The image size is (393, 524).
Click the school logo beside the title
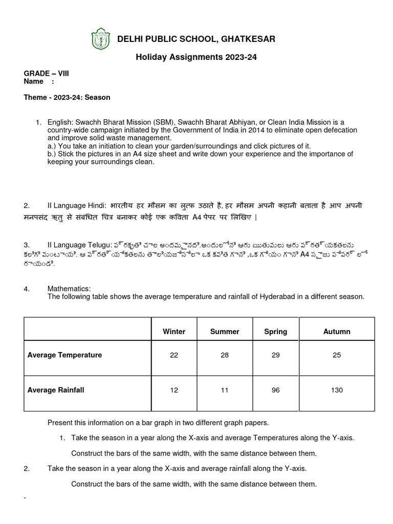[x=100, y=39]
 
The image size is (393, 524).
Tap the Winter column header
[x=174, y=332]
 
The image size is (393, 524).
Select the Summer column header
[x=225, y=332]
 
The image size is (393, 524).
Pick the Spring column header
[x=275, y=332]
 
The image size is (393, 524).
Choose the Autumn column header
[x=337, y=332]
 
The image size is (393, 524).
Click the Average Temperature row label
[x=64, y=355]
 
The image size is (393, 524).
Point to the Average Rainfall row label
[x=56, y=390]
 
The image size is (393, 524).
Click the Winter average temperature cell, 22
[x=174, y=355]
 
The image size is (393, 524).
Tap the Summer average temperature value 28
[x=225, y=355]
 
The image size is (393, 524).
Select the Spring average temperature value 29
[x=275, y=355]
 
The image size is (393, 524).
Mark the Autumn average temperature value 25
[x=337, y=355]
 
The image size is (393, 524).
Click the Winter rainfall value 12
[x=174, y=390]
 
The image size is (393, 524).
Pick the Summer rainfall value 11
[x=225, y=390]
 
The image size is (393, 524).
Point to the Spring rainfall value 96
[x=275, y=390]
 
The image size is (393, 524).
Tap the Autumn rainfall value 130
[x=337, y=390]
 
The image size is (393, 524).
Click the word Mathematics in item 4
[x=69, y=289]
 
